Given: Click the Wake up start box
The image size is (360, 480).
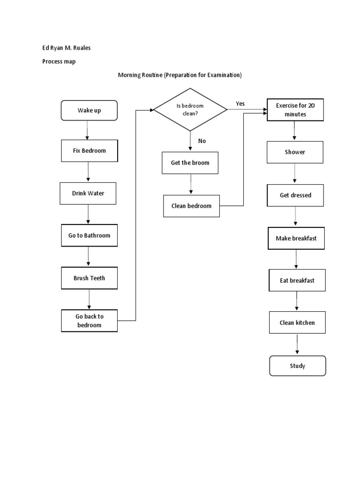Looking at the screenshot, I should point(89,111).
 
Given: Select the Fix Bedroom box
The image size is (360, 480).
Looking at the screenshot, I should point(89,151).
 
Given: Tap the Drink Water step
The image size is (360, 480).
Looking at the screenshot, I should point(88,193).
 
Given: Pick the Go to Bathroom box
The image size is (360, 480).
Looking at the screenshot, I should point(89,235).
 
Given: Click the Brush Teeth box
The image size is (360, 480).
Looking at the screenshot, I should point(89,278).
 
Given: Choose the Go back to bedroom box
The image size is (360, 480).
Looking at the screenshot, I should point(89,321).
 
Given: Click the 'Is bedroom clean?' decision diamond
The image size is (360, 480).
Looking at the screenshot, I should point(190,110).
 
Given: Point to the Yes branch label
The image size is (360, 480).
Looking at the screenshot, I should point(240,104).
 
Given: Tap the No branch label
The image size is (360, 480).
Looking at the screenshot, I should point(202,141).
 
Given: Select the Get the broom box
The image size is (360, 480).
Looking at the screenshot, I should point(190,163).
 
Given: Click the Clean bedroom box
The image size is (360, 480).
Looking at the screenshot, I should point(191,206).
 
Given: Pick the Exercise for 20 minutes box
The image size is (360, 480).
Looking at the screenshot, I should point(295,110).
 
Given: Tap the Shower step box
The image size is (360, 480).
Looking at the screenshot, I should point(295,152).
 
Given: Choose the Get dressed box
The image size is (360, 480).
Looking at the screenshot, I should point(295,195).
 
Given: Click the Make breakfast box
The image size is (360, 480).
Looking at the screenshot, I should point(296,238).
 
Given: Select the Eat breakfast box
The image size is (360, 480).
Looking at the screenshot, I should point(297,280).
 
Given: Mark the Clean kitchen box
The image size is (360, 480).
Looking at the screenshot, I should point(297,322).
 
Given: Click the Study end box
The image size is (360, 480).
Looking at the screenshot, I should point(297,366).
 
